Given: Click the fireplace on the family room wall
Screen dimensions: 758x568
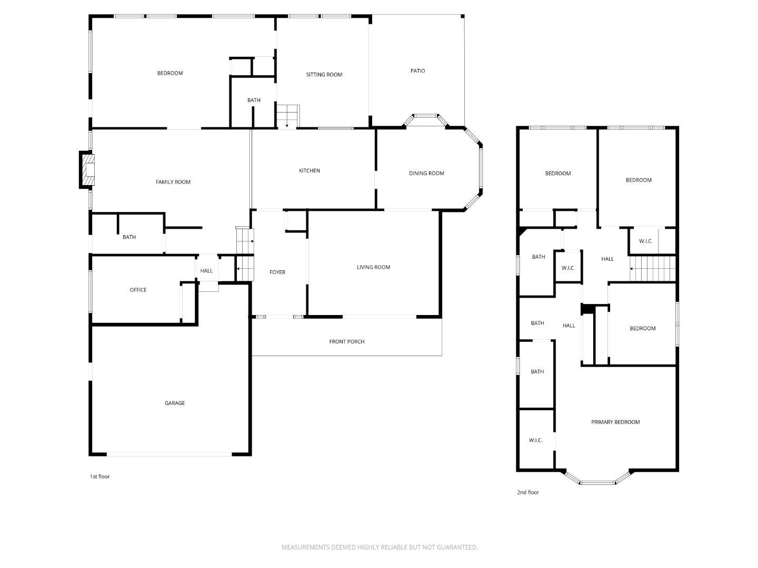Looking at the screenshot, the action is pos(87,170).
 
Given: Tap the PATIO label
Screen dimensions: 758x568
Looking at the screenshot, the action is pos(417,70).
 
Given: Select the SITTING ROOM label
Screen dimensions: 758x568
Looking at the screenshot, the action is pos(324,75).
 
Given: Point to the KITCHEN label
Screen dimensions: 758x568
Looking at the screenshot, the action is pos(310,170).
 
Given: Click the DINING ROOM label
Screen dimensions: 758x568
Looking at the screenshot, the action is pos(426,173).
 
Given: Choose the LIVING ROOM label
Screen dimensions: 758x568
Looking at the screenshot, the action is pos(373,267).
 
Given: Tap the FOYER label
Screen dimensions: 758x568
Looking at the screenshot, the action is pos(277,272).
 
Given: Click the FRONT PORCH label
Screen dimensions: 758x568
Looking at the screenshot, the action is pos(347,341).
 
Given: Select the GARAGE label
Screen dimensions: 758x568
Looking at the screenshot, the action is pos(175,403).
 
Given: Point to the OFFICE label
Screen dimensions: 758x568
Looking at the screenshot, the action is pos(138,290).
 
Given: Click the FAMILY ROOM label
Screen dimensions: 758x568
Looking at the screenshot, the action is pos(173,182).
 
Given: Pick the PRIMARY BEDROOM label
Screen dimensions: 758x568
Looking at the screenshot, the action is pos(615,422).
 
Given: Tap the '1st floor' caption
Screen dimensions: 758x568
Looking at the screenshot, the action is pos(100,476).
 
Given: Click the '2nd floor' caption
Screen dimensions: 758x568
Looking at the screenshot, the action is pos(528,492).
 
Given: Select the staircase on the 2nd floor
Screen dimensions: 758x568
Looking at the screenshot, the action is pos(652,269).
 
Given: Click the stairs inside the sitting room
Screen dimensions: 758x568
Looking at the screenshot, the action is pos(287,116).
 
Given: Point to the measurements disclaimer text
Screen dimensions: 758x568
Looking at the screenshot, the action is pos(380,547).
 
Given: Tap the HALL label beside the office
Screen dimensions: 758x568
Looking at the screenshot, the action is pos(206,271).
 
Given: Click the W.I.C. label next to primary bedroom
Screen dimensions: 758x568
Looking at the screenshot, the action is pos(536,440).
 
